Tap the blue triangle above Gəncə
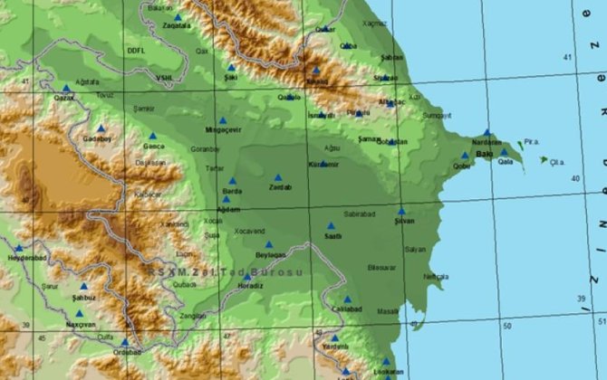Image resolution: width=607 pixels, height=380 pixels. click(x=152, y=137)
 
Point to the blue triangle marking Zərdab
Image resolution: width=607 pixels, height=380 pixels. click(x=278, y=177)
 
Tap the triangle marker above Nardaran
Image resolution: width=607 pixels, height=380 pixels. click(x=487, y=132)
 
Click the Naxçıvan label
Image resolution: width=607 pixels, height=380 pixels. click(x=80, y=324)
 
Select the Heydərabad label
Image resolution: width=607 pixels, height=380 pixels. click(x=27, y=257)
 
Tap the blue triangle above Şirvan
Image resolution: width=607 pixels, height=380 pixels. click(x=400, y=211)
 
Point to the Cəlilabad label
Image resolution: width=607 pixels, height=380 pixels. click(x=347, y=309)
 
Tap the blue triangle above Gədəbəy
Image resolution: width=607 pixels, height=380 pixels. click(x=101, y=128)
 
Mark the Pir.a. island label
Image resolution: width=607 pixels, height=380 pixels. click(x=531, y=142)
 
